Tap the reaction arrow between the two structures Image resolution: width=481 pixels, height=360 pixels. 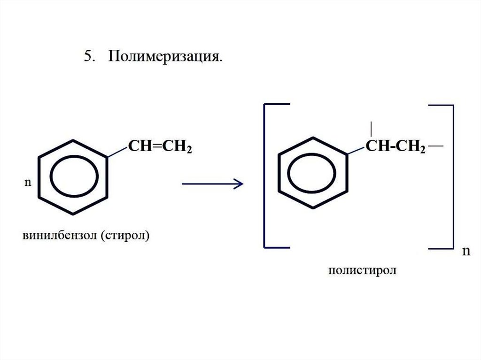212,184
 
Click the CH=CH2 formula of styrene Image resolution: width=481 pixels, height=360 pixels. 160,148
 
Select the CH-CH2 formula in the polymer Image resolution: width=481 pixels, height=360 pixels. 396,148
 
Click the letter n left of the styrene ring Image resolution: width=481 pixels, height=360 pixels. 27,182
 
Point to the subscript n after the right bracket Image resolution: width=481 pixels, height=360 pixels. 465,251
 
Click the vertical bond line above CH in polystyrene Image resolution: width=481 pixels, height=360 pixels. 372,128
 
